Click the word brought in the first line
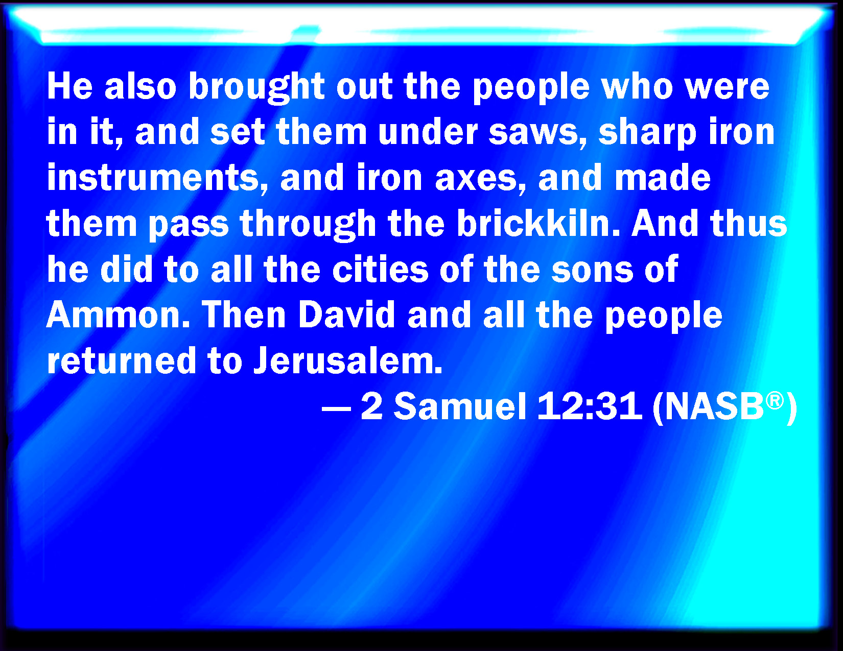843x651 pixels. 256,88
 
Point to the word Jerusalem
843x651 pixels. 348,360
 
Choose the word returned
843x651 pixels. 122,360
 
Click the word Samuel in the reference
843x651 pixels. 460,406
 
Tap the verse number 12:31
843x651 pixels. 590,406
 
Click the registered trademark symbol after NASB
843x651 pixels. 775,400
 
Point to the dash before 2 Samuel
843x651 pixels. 336,408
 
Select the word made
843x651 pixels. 663,178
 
